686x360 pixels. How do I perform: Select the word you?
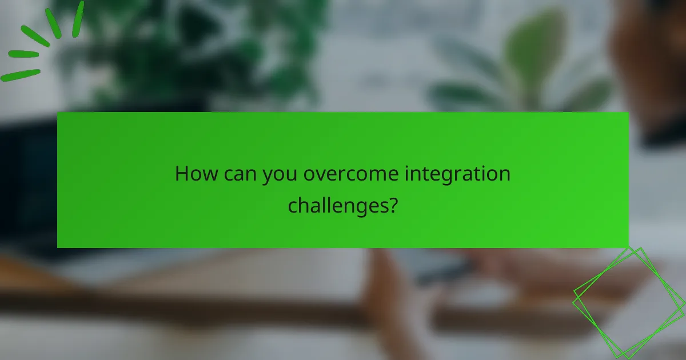281,175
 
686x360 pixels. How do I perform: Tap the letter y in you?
268,176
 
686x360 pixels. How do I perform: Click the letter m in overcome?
380,175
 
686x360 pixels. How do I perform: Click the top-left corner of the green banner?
58,113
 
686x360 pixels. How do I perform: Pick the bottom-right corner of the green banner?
628,247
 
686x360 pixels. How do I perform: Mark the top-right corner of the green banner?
628,113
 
